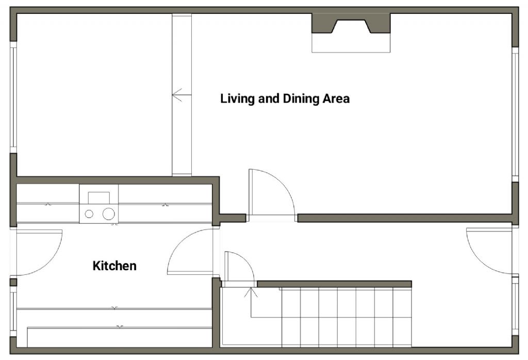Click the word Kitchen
point(114,266)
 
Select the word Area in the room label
point(336,99)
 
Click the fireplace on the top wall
point(351,24)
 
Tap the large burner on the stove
point(108,214)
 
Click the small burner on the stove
point(90,214)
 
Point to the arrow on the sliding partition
point(178,95)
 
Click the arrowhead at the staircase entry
point(251,292)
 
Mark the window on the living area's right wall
point(515,113)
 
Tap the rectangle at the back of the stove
point(98,198)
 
